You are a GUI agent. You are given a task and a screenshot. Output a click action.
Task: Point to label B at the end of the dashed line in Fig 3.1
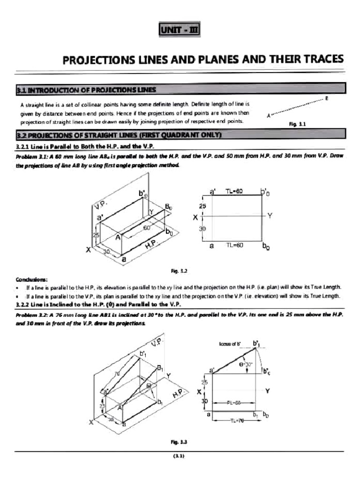pyautogui.click(x=327, y=98)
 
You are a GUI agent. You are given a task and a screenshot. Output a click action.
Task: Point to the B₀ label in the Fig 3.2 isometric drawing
pyautogui.click(x=168, y=206)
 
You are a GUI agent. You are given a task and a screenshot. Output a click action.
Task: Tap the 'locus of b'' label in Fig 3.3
pyautogui.click(x=230, y=344)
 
